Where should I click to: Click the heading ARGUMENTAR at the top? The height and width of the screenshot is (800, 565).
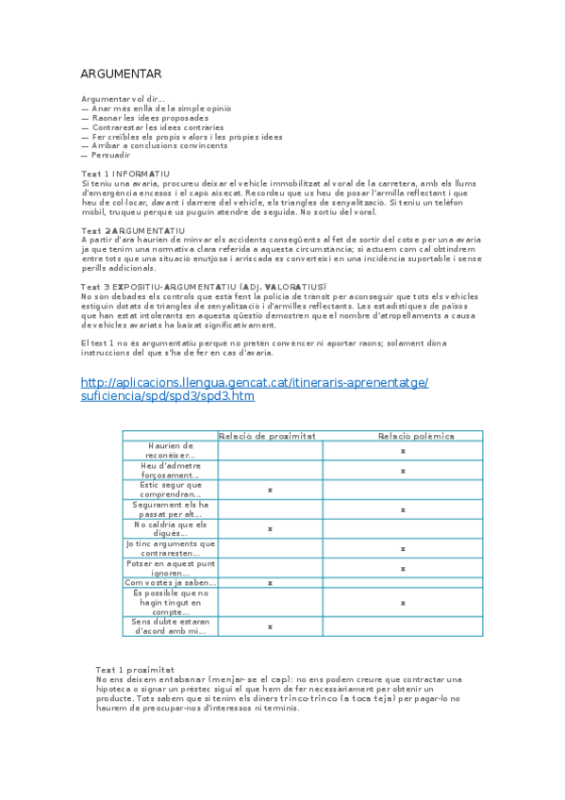click(x=121, y=75)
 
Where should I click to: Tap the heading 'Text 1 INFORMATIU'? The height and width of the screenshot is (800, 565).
click(x=125, y=174)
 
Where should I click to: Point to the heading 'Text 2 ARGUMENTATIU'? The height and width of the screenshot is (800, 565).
click(x=133, y=230)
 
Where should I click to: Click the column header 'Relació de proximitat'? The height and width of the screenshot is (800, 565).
click(x=268, y=436)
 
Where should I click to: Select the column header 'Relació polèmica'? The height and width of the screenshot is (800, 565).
click(x=415, y=436)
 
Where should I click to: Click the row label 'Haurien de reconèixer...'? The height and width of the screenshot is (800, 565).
click(x=171, y=450)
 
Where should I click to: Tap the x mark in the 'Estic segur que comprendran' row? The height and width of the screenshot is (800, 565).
click(x=270, y=491)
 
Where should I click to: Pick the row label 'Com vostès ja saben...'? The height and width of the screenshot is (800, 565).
click(x=171, y=582)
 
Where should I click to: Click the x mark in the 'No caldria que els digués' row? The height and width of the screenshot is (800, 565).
click(x=270, y=529)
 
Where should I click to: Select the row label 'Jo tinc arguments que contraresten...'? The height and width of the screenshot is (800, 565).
click(x=171, y=548)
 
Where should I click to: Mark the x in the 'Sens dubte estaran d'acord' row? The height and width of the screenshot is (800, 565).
click(x=270, y=626)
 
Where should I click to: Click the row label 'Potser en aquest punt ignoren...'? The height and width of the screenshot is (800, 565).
click(x=171, y=568)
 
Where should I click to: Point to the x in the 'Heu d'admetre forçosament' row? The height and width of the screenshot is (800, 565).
click(x=403, y=471)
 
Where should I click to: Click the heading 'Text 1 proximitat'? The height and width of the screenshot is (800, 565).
click(x=134, y=669)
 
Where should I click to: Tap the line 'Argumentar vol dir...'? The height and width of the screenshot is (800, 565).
click(x=124, y=99)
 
